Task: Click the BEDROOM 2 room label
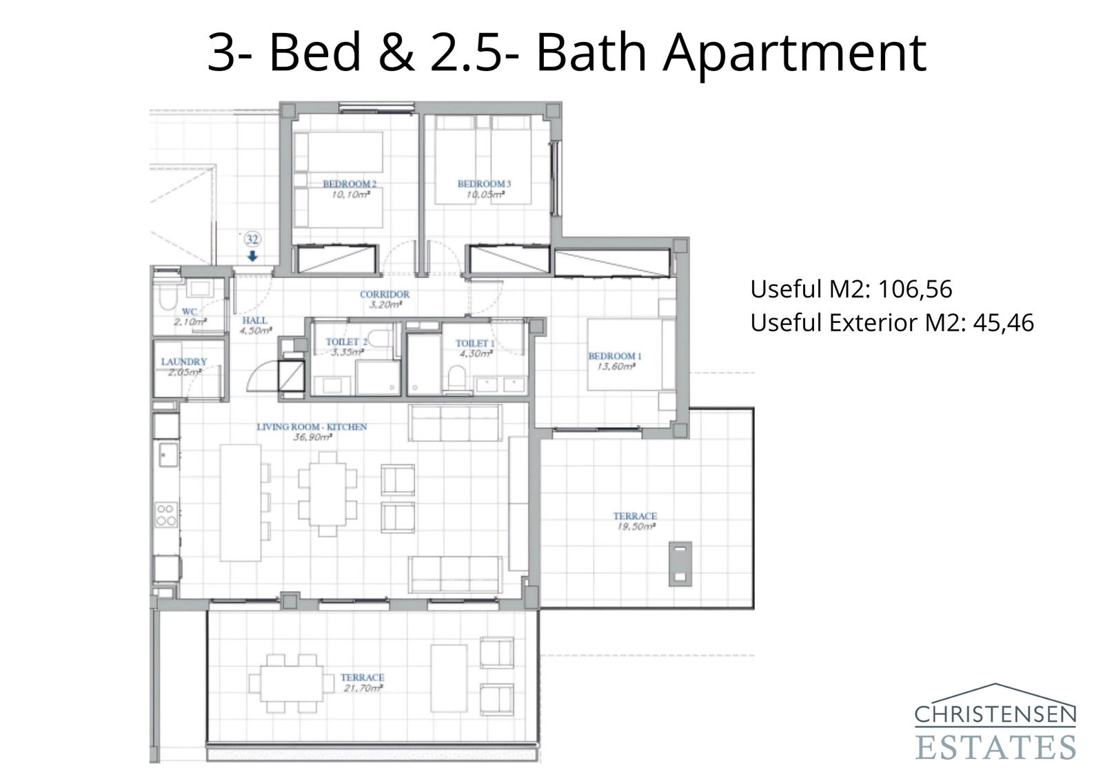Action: tap(350, 184)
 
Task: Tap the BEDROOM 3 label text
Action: tap(484, 184)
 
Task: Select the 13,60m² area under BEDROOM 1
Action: tap(615, 366)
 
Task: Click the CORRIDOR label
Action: tap(385, 294)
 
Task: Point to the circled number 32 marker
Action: tap(252, 239)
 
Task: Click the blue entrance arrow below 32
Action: tap(252, 256)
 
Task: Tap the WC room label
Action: tap(189, 311)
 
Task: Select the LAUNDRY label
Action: tap(184, 362)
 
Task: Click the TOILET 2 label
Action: tap(345, 342)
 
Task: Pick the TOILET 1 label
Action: tap(474, 343)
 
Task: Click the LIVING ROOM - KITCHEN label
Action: tap(312, 427)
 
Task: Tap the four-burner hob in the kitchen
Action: tap(166, 515)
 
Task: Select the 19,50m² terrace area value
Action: tap(635, 527)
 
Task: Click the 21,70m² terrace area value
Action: tap(363, 688)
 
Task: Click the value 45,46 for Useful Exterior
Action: tap(1003, 322)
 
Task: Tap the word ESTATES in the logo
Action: tap(995, 747)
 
